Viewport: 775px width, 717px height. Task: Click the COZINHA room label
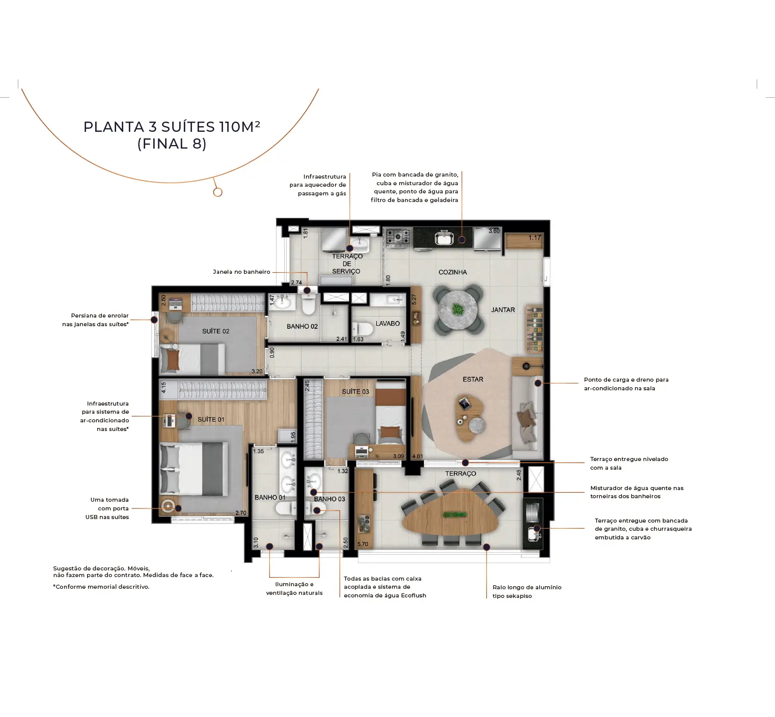tap(453, 272)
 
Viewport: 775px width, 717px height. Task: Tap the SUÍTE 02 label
tap(216, 331)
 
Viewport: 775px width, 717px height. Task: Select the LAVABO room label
tap(387, 324)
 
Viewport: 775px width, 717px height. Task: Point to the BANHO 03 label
tap(329, 499)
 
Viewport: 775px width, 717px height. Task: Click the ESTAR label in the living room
tap(473, 380)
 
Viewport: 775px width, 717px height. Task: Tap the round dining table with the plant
tap(458, 309)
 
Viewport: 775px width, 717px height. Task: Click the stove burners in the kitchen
tap(398, 237)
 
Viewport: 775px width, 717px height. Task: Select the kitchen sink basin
tap(444, 238)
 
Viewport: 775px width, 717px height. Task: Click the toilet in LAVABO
tap(363, 329)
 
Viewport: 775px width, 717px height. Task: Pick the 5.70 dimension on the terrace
tap(363, 544)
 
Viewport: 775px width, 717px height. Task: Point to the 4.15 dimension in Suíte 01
tap(164, 388)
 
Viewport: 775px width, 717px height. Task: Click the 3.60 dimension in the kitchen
tap(494, 231)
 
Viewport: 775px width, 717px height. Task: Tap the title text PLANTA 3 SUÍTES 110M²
tap(172, 127)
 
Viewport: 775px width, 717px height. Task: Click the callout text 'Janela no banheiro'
tap(241, 272)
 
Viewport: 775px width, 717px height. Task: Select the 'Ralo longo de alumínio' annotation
tap(527, 587)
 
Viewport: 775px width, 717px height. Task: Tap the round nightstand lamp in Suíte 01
tap(168, 507)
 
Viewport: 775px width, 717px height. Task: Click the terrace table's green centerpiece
tap(455, 514)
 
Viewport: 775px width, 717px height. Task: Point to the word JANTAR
tap(503, 310)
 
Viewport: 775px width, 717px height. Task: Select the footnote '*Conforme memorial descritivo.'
tap(101, 587)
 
